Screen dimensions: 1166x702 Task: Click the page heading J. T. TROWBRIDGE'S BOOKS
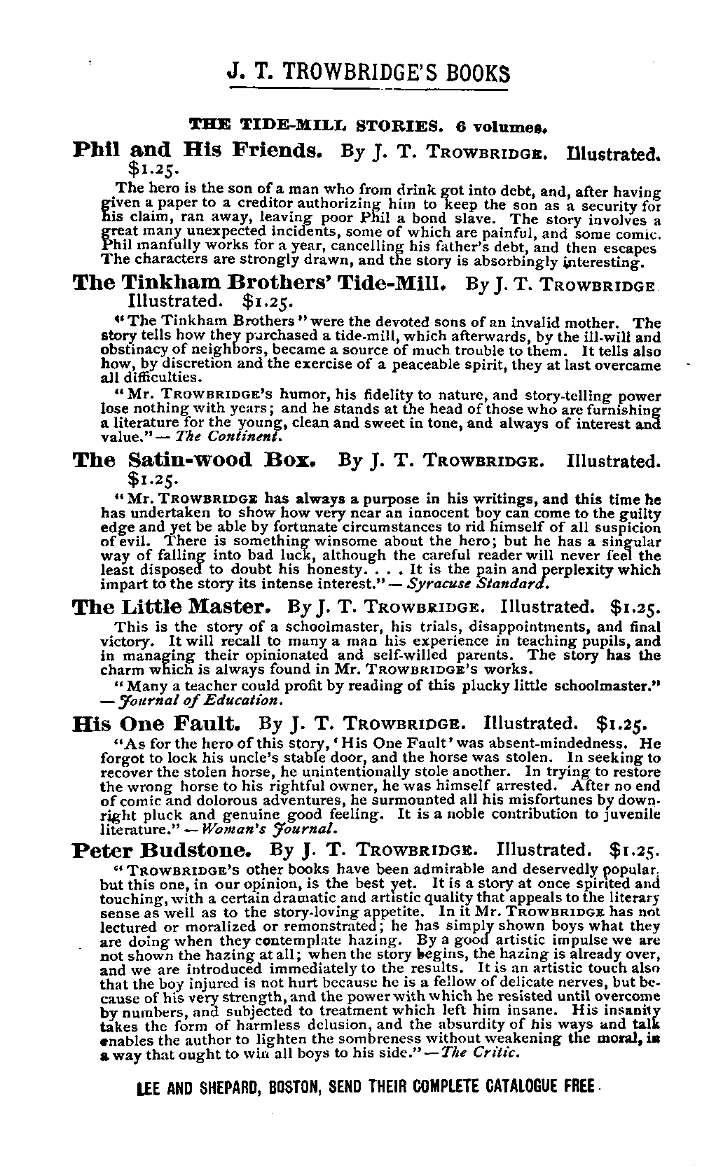pos(369,72)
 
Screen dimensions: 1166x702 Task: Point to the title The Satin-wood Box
pos(197,461)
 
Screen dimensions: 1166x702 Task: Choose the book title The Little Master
pos(170,606)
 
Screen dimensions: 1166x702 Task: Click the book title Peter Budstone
pos(162,850)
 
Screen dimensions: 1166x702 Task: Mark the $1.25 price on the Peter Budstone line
pos(635,851)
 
